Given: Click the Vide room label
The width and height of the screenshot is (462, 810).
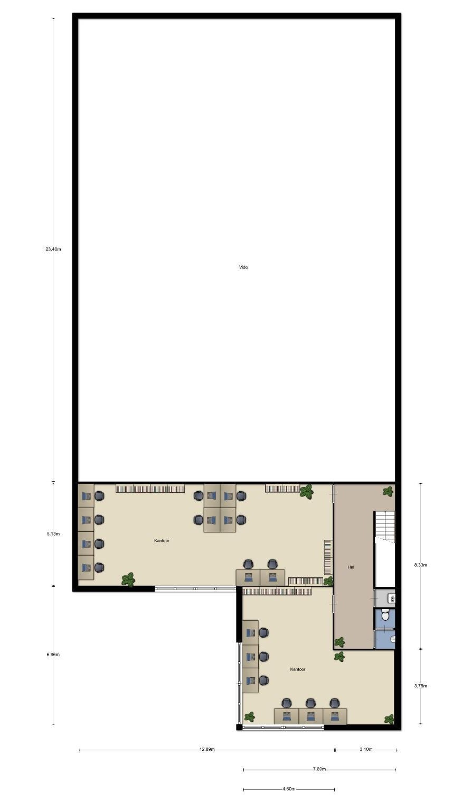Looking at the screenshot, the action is pos(243,267).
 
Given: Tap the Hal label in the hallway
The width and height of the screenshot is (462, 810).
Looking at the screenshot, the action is pos(351,567).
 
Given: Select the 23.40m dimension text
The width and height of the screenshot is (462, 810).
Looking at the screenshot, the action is pos(53,249).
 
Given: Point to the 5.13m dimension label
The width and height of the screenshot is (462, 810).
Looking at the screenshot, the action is pos(53,533).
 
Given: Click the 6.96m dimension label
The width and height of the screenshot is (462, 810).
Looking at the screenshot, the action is pos(53,655).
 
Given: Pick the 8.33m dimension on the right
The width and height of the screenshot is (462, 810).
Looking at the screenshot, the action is pos(420,565).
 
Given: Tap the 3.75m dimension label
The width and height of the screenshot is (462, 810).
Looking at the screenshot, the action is pos(420,686).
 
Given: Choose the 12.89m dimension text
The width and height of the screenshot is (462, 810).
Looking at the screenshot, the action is pos(207,749).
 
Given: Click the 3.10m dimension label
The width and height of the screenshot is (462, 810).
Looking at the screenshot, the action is pos(366,749).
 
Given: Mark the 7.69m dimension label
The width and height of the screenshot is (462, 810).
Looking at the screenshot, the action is pos(319,769).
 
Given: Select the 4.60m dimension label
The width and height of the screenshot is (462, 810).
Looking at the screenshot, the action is pos(289,789).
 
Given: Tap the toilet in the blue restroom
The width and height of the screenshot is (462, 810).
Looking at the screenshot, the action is pos(386,615).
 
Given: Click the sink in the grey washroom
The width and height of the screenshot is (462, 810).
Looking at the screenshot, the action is pos(391,599).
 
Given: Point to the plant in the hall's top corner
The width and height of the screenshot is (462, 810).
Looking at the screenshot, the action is pos(388,491).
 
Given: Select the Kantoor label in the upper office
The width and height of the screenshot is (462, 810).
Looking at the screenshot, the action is pos(162,540).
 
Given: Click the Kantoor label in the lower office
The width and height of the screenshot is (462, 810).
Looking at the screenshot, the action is pos(298,669).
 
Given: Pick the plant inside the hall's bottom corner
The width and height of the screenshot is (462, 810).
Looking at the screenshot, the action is pos(339,642).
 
